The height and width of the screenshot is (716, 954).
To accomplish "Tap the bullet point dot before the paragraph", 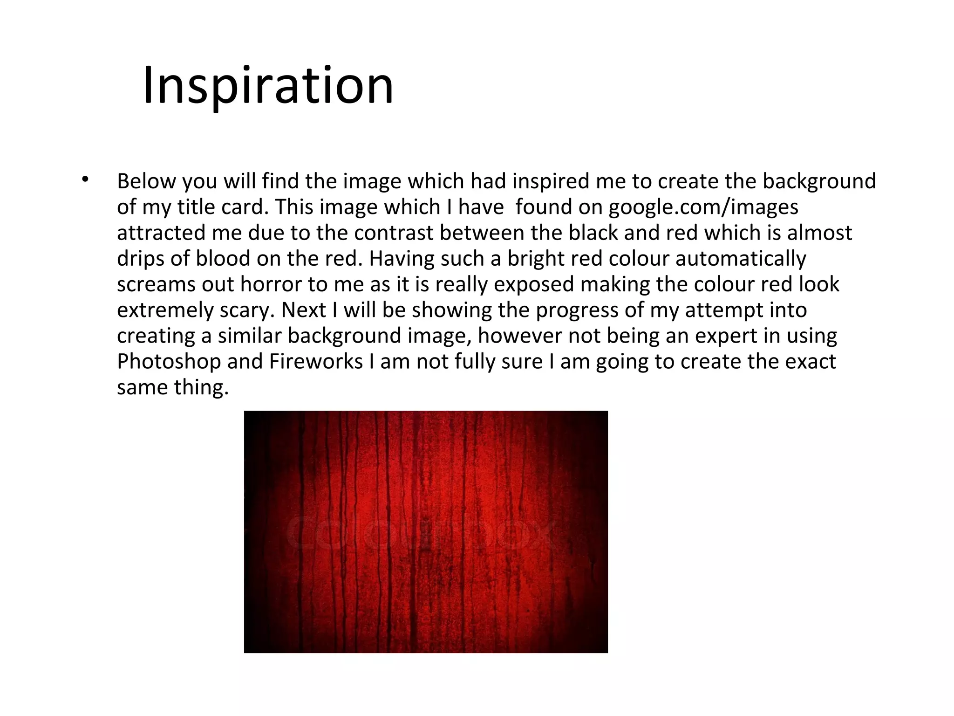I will (x=84, y=179).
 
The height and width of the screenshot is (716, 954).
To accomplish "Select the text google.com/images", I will (x=703, y=207).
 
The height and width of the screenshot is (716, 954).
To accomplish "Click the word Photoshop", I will (x=169, y=362).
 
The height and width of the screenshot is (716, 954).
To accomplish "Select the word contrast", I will (x=394, y=233).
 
